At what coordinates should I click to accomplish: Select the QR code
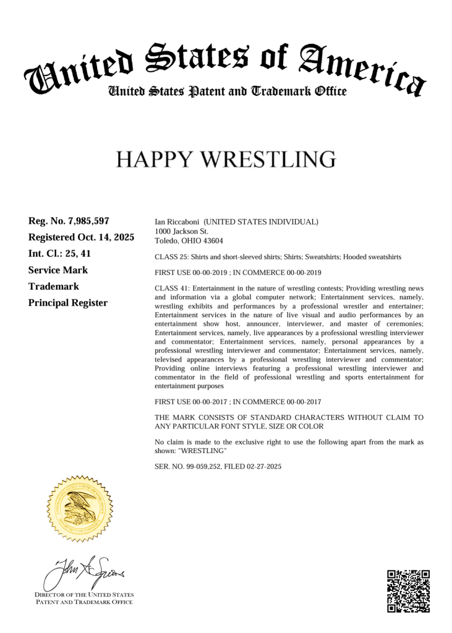408,591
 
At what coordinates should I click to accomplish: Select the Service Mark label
58,270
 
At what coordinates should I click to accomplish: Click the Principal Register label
68,303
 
